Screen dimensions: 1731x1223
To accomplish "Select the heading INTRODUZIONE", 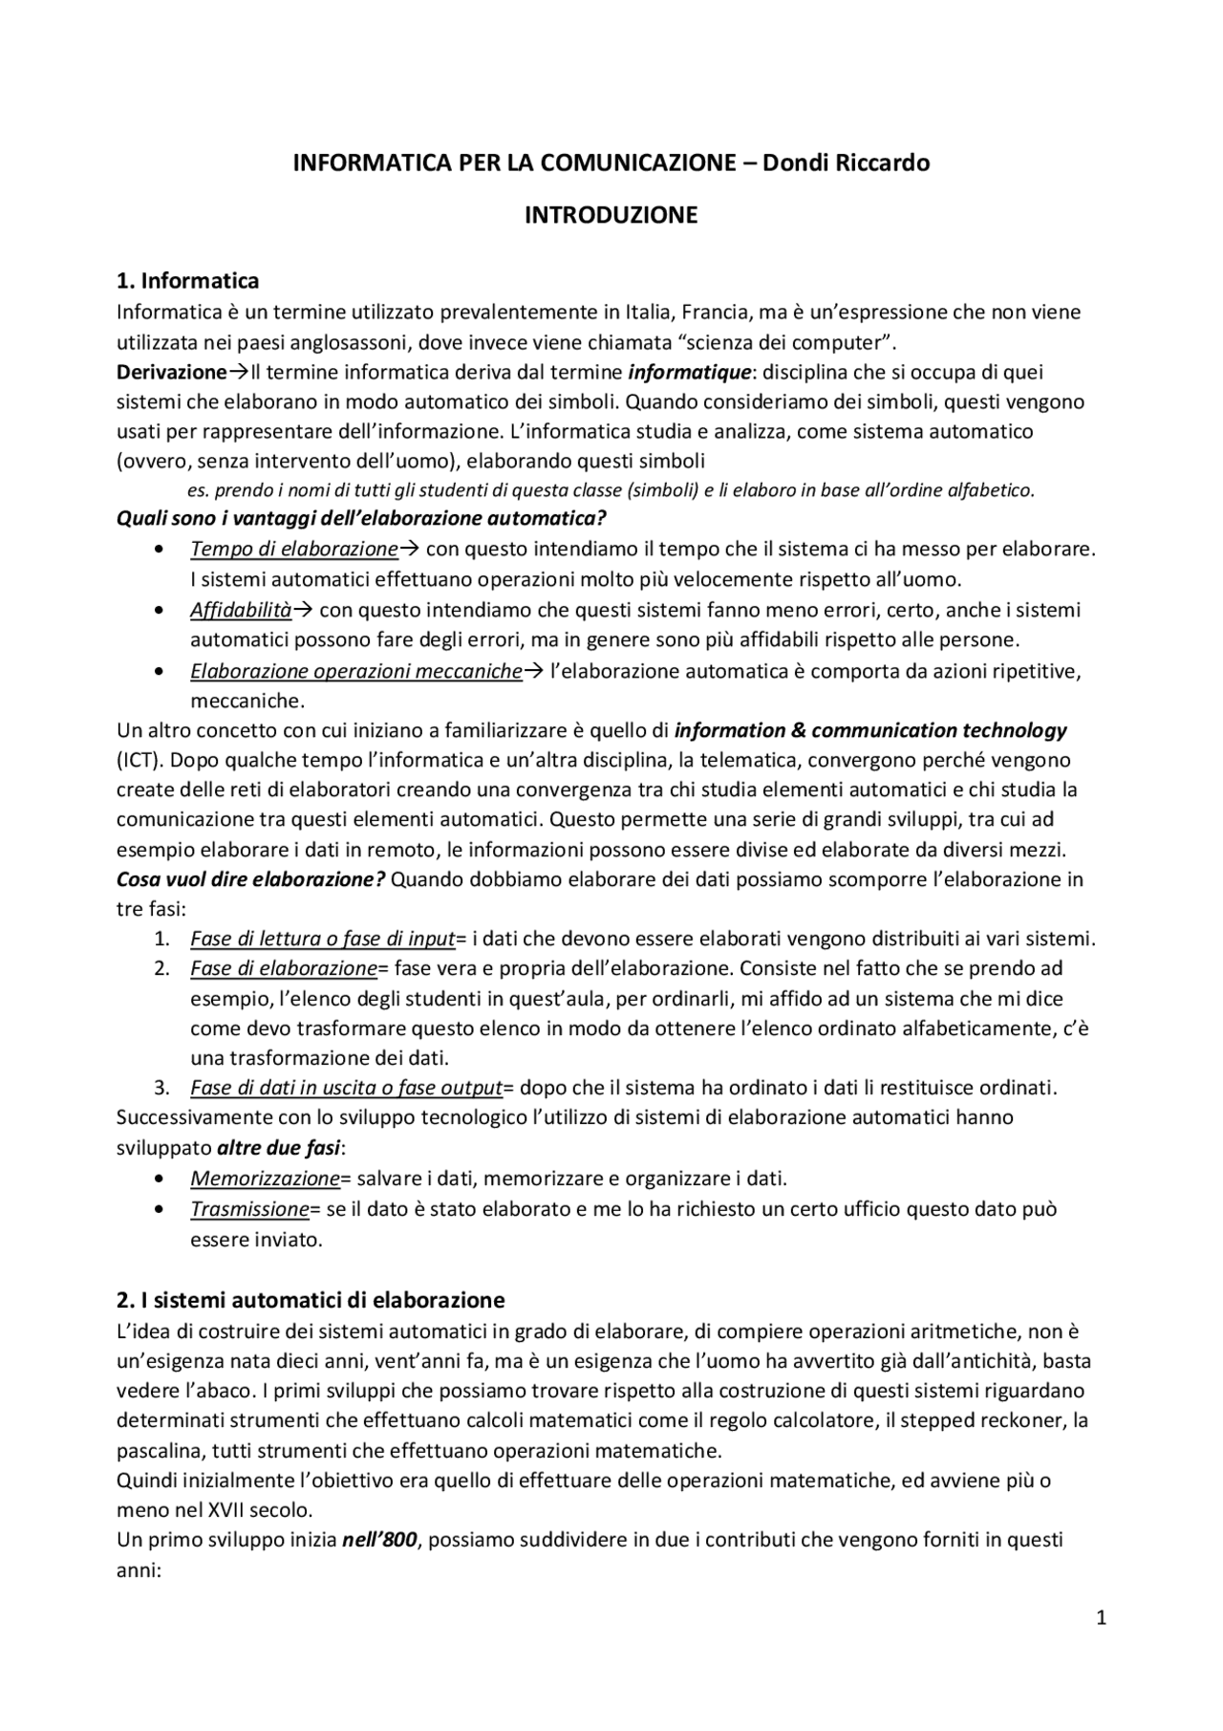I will [611, 215].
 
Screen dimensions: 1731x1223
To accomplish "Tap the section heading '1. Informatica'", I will [187, 281].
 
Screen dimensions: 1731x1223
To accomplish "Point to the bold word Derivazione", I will [171, 372].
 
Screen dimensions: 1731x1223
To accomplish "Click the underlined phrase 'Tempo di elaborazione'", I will [293, 549].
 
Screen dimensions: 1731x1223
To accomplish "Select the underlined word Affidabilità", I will [240, 610].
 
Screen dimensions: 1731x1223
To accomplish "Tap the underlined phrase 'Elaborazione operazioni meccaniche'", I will [355, 671].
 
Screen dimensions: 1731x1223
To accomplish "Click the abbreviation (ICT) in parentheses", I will [139, 761].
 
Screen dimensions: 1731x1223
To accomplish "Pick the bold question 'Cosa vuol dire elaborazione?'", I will [250, 879].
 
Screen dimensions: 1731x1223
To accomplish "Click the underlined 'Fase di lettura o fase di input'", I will [322, 939].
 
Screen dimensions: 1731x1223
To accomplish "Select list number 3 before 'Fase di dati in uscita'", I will [162, 1088].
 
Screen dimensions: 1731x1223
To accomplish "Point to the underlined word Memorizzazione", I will [265, 1178].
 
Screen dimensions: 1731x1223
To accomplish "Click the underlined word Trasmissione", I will [249, 1209].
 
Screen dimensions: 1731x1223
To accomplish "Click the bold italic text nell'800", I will [379, 1541].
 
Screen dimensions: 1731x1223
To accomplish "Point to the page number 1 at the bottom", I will [1101, 1618].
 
